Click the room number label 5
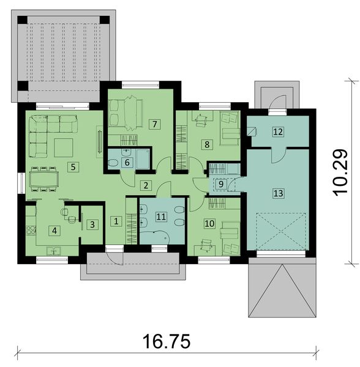pos(72,166)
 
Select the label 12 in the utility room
pos(278,131)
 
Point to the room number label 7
pos(154,124)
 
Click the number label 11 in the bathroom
pos(161,216)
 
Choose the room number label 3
pos(92,224)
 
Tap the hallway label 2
pos(145,185)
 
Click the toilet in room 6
pos(114,163)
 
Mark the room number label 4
pos(54,231)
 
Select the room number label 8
pos(207,144)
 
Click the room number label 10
pos(210,224)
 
